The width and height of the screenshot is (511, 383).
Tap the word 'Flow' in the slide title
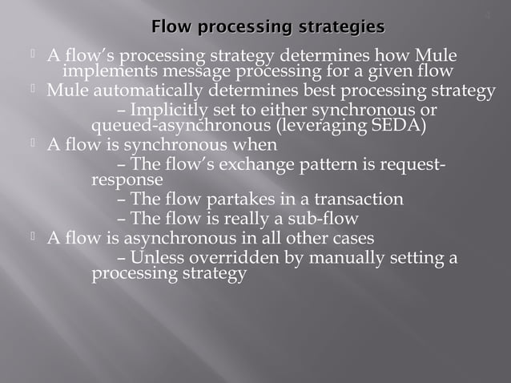(x=172, y=29)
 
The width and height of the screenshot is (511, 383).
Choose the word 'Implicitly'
(x=167, y=110)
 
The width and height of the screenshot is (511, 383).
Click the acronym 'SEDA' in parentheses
(x=394, y=126)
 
